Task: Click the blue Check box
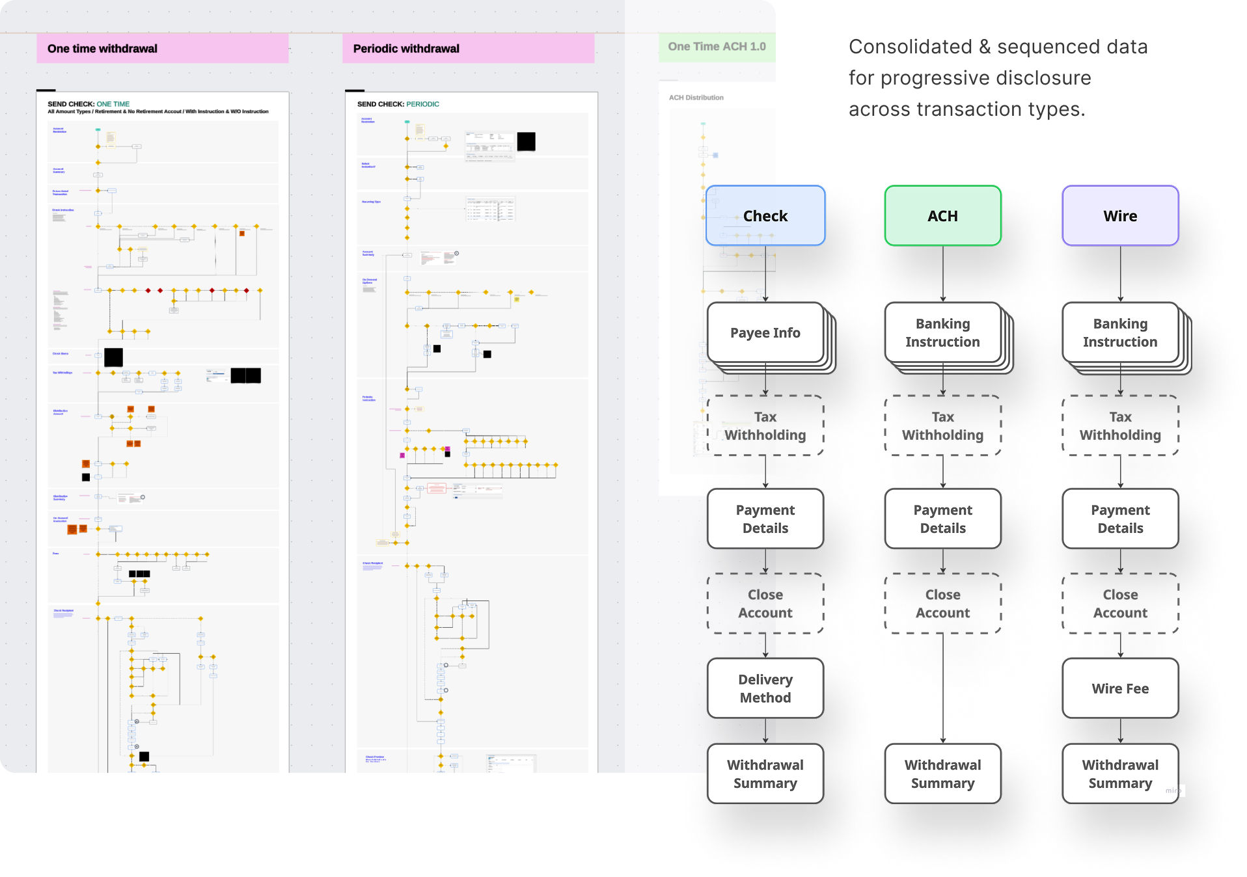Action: [x=765, y=215]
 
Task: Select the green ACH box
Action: [x=942, y=215]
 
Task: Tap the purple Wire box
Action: [x=1120, y=215]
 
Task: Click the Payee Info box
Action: [x=765, y=332]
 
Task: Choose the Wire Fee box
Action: [x=1120, y=688]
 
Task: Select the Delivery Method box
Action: [x=765, y=688]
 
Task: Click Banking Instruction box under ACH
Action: [x=942, y=332]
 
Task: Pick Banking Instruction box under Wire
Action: [x=1120, y=332]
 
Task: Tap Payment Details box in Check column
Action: [x=765, y=519]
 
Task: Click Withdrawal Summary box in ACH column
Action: [x=942, y=774]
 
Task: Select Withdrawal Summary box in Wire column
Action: [x=1120, y=774]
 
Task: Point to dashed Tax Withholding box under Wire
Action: [x=1120, y=425]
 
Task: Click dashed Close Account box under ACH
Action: [x=942, y=603]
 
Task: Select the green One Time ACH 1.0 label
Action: [x=717, y=47]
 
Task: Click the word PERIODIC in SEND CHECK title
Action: [x=422, y=104]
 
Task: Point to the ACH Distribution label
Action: [x=696, y=98]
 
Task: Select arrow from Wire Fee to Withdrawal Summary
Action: [x=1120, y=731]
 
